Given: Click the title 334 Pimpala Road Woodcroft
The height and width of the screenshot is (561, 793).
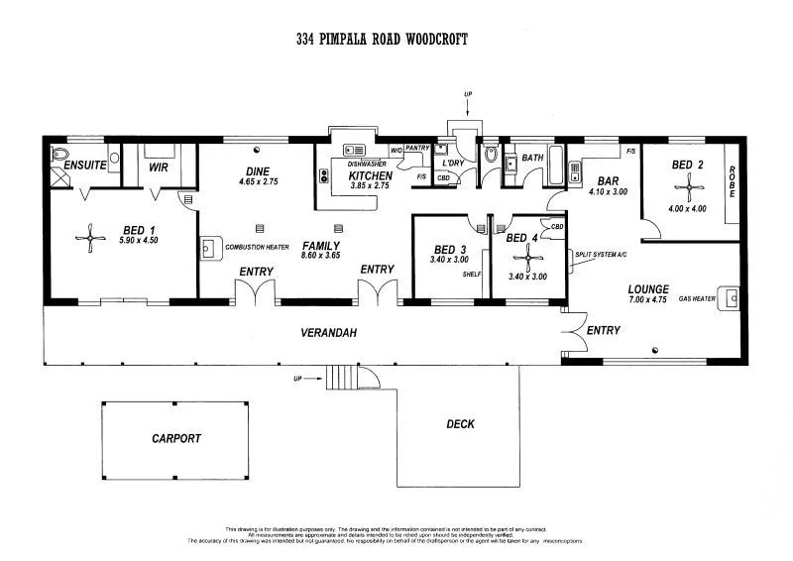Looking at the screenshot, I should pos(382,40).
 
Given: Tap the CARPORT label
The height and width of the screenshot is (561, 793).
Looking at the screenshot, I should pos(175,437).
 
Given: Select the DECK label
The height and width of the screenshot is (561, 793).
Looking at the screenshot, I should pos(460,423).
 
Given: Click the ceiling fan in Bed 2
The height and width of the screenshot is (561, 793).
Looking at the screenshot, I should pos(687,185).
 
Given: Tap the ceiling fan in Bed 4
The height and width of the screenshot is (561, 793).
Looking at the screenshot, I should pos(528,260).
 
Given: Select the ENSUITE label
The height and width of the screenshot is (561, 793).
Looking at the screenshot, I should pos(85,166).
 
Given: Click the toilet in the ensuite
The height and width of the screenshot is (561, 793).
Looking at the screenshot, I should pos(58,155).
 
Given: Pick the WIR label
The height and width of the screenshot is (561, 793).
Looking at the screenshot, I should pos(159,168).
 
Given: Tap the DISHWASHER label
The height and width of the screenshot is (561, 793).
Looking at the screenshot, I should pos(368,165).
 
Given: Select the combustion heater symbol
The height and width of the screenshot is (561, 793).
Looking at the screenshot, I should pos(210,247).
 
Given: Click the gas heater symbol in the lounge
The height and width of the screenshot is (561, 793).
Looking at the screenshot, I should pos(732,296).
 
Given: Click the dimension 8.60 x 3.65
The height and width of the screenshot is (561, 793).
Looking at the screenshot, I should pos(321,256).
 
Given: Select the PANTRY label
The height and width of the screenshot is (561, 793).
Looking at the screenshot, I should pos(417,149).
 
